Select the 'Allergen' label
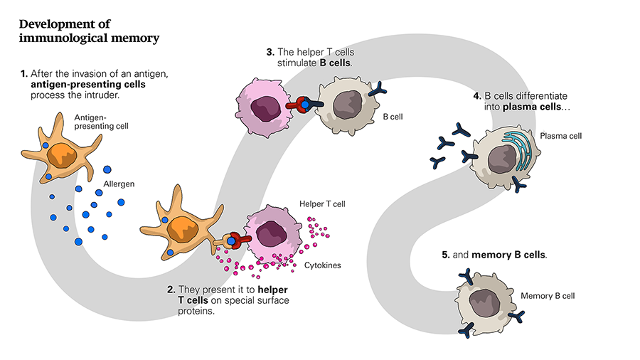tap(119, 184)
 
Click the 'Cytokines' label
tap(323, 265)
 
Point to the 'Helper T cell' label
tap(322, 204)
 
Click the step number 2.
tap(171, 290)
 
